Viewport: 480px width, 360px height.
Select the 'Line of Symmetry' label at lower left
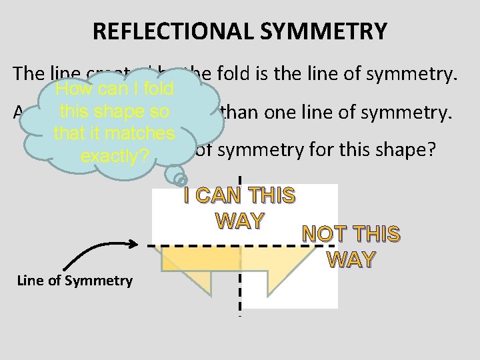coord(75,281)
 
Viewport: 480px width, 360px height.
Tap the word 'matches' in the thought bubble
coord(143,134)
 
